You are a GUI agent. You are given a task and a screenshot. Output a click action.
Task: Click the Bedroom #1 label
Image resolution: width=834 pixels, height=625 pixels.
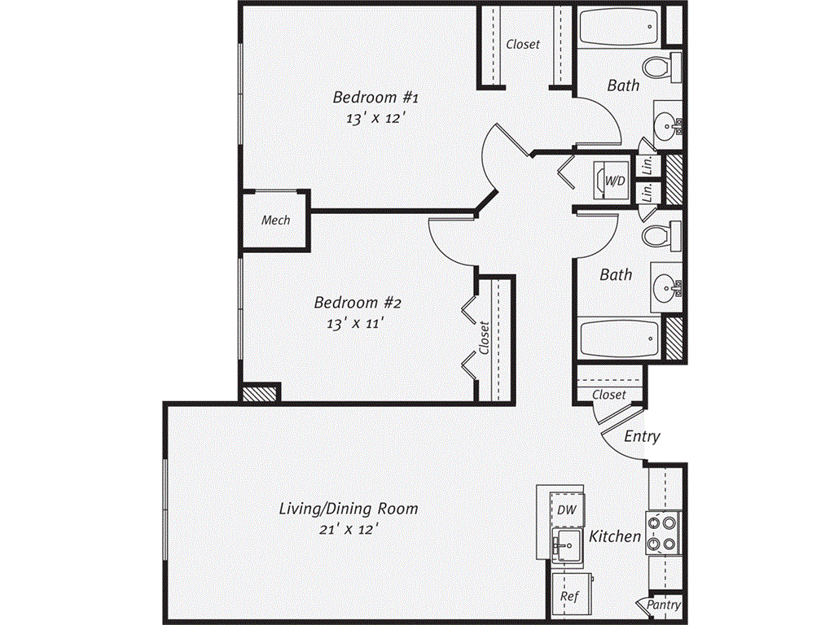click(375, 98)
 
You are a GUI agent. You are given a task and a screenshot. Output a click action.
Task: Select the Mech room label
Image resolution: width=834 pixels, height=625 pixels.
click(275, 220)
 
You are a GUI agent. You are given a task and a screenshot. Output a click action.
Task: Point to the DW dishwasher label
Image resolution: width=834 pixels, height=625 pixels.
click(567, 510)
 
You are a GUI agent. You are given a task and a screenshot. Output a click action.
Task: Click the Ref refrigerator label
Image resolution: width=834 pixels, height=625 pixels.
click(569, 597)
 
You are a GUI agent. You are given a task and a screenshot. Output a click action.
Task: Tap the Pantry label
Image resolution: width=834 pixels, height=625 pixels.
click(664, 605)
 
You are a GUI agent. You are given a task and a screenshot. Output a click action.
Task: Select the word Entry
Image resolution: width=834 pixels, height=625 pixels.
click(642, 437)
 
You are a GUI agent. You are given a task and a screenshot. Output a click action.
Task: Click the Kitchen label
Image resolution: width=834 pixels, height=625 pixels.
click(615, 537)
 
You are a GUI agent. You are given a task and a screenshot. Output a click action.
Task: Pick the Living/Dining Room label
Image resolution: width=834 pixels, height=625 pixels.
click(349, 509)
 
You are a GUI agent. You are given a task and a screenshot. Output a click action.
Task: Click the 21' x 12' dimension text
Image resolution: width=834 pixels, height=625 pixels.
click(349, 529)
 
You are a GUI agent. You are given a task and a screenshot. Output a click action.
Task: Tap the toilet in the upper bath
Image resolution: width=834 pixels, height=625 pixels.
click(661, 66)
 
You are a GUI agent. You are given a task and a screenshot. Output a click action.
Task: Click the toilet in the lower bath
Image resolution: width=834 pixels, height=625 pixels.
click(661, 236)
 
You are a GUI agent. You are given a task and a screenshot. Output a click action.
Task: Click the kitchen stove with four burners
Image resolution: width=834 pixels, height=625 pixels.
click(664, 533)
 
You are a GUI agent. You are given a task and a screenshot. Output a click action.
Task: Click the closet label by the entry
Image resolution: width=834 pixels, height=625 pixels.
click(609, 395)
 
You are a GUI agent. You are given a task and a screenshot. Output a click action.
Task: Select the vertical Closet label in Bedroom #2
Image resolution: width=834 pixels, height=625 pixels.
click(485, 338)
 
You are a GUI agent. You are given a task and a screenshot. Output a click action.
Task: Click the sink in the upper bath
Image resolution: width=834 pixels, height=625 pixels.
click(669, 126)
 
